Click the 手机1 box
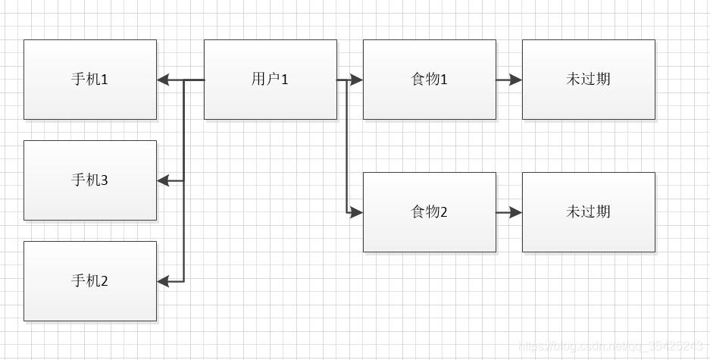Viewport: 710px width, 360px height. point(90,80)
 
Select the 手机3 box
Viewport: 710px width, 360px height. point(90,180)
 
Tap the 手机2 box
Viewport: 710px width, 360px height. point(90,281)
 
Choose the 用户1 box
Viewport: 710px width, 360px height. point(271,80)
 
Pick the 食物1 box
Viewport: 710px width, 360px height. point(430,80)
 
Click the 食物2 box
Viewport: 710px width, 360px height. point(430,212)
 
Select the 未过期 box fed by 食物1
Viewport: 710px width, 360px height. point(589,80)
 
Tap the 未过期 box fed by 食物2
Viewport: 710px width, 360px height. point(589,212)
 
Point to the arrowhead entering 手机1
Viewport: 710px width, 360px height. point(163,80)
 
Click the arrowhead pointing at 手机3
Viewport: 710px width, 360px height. point(163,180)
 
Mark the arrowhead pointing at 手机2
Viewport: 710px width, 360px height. point(163,281)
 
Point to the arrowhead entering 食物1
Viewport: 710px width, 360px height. point(357,80)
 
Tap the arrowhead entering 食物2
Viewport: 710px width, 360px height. point(357,212)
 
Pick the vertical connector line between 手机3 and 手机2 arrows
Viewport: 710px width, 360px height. point(183,231)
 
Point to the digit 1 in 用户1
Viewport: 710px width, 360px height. point(285,80)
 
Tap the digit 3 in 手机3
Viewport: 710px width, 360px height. point(105,180)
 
